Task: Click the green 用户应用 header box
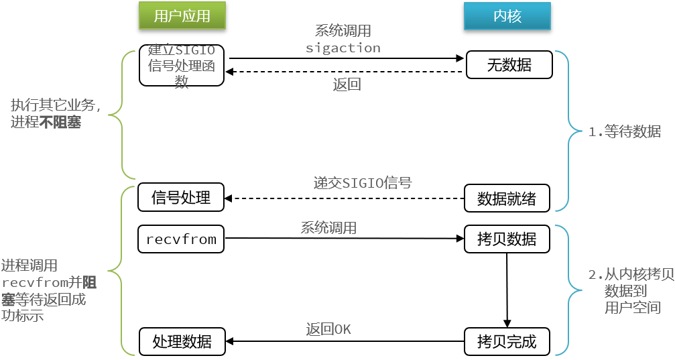(182, 16)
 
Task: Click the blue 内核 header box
(507, 16)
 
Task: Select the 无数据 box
(509, 65)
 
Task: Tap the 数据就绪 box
(507, 198)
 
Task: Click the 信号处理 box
(181, 197)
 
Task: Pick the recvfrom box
(181, 239)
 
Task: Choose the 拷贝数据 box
(507, 239)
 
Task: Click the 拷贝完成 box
(507, 341)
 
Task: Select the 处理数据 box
(182, 341)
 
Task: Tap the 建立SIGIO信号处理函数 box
(182, 65)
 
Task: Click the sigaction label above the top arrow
(343, 48)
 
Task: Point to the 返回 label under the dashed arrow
(347, 84)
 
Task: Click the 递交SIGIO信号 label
(363, 183)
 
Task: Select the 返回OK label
(328, 329)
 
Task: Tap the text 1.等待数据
(625, 131)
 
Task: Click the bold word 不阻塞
(60, 122)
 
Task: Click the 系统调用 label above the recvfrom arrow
(328, 227)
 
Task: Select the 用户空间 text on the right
(632, 308)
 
